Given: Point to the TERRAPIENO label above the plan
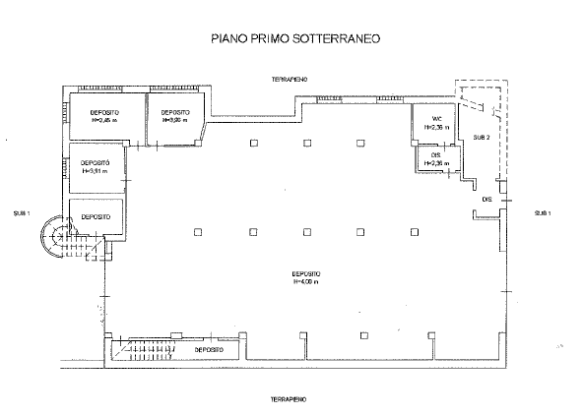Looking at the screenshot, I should point(292,78).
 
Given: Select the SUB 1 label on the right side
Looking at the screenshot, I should point(542,213).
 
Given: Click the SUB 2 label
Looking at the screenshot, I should point(481,137).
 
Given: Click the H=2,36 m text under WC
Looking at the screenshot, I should point(436,127).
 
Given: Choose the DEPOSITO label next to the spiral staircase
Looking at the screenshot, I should point(95,216).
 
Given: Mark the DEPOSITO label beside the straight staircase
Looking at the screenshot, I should point(208,349).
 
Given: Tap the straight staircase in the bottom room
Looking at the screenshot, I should point(146,350).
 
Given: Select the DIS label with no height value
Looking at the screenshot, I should point(486,200).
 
